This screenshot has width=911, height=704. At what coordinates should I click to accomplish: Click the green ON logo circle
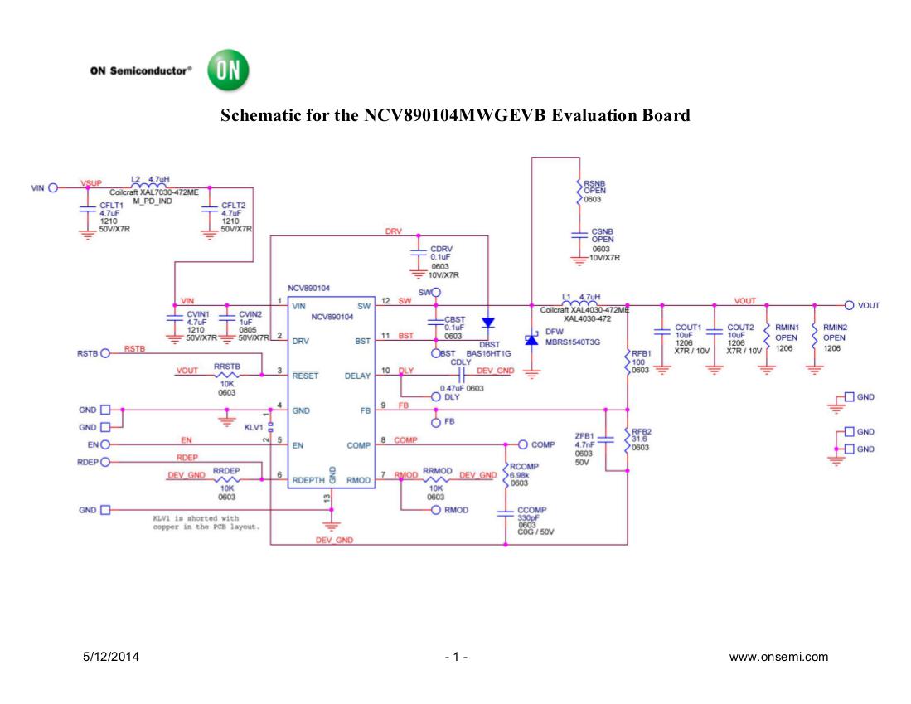[232, 71]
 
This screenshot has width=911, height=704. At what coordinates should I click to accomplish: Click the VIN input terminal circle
[55, 187]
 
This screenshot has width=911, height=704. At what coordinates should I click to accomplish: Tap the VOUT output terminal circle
[849, 305]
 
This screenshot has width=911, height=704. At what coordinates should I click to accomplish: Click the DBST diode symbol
[487, 323]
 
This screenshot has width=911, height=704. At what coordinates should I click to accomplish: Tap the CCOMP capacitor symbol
[505, 514]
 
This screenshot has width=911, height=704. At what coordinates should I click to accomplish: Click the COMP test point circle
[523, 445]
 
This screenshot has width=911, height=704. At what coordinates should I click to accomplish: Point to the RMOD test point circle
[436, 510]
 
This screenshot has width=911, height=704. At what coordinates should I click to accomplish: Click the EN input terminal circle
[105, 445]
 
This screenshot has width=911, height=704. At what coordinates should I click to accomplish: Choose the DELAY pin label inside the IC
[357, 376]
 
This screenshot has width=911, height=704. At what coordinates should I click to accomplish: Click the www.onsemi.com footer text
[778, 658]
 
